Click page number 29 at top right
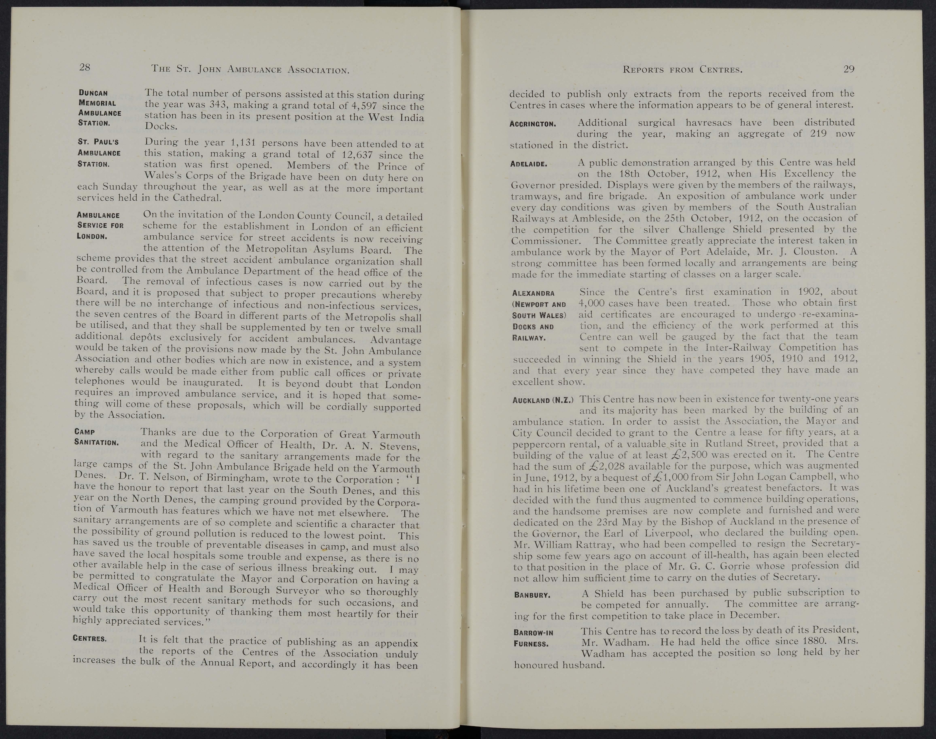point(849,69)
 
